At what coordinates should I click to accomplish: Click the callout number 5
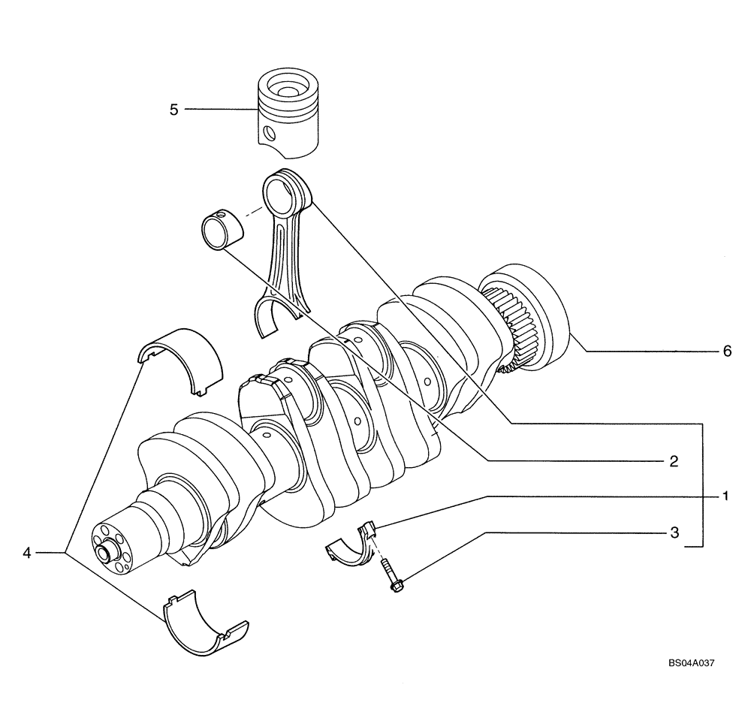coord(173,110)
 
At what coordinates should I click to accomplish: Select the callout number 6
coord(726,351)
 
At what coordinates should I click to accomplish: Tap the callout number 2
coord(674,460)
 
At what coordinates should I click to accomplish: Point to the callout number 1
coord(726,496)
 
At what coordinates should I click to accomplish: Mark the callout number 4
coord(27,553)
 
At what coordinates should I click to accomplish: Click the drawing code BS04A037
coord(690,663)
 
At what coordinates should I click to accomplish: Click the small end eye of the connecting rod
coord(286,194)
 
